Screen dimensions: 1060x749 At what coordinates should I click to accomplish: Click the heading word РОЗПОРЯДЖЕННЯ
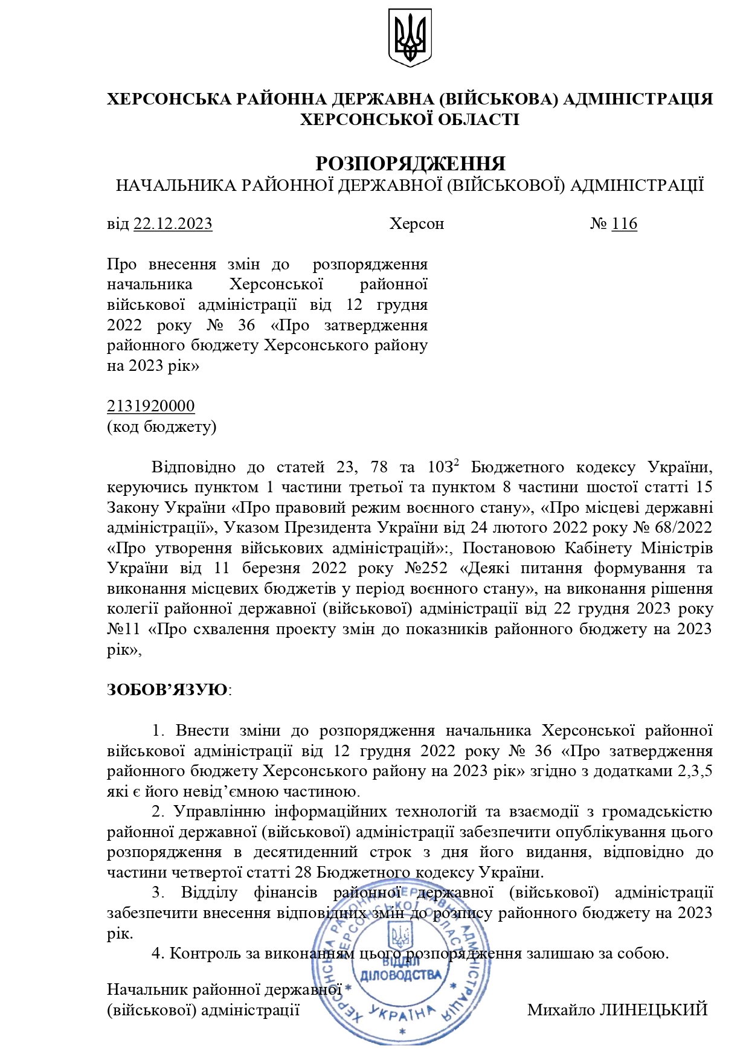coord(410,164)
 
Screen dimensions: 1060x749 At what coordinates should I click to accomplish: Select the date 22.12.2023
coord(173,224)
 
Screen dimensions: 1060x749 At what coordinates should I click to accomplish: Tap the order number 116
coord(624,224)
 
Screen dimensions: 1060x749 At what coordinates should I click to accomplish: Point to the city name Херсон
coord(417,224)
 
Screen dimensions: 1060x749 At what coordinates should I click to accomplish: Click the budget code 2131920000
coord(151,406)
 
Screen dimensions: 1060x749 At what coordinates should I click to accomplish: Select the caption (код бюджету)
coord(161,426)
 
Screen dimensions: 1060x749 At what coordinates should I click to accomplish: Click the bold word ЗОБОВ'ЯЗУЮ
coord(167,690)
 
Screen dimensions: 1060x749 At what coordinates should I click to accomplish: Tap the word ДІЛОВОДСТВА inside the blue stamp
coord(400,975)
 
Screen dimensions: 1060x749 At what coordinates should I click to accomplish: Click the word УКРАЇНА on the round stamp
coord(402,1013)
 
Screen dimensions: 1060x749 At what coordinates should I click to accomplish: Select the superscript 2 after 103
coord(457,463)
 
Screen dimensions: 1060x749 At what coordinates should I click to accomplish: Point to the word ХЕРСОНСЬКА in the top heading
coord(165,99)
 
